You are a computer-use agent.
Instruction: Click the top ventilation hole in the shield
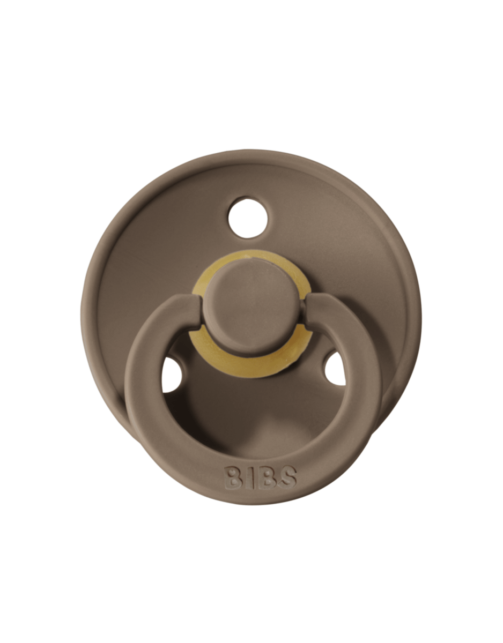pos(248,218)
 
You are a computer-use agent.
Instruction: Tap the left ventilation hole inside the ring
pos(172,375)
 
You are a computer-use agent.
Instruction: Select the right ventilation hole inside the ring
pos(336,369)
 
